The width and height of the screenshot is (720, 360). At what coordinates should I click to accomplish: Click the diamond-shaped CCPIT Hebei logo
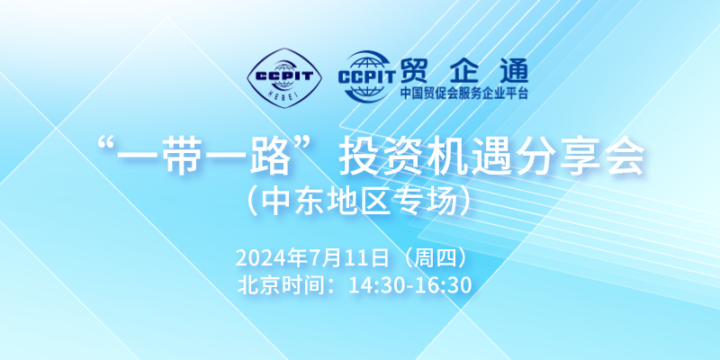[284, 78]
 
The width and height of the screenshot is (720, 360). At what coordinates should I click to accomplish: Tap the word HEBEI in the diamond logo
[284, 94]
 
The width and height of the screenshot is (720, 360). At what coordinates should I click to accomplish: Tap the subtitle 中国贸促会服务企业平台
[464, 94]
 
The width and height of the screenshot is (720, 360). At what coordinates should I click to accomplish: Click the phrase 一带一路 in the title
[204, 159]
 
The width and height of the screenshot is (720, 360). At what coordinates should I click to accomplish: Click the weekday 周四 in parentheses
[433, 258]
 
